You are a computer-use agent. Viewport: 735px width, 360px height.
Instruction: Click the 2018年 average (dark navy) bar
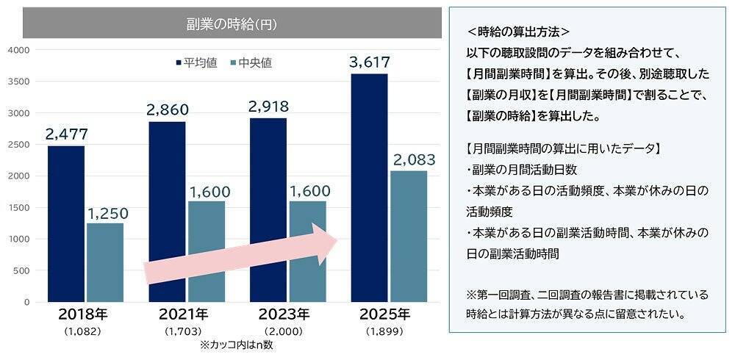tap(66, 224)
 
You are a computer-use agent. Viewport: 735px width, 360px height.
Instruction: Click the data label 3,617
tap(370, 62)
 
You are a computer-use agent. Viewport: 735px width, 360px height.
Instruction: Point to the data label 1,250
tap(107, 213)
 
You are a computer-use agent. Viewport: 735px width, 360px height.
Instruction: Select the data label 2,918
tap(268, 107)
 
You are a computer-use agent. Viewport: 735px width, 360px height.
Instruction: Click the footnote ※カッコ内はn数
tap(235, 345)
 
